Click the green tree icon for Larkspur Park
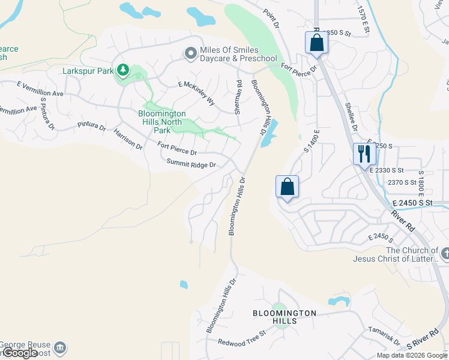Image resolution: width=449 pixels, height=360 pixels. point(123,71)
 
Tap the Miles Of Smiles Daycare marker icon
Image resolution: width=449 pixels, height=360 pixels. point(191,54)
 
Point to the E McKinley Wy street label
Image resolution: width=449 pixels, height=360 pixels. point(196,94)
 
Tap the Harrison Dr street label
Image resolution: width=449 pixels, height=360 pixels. point(128,139)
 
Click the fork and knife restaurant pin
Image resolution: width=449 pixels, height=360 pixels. point(364,154)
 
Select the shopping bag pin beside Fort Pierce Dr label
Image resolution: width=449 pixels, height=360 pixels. point(316,43)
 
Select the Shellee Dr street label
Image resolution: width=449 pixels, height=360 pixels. point(351,116)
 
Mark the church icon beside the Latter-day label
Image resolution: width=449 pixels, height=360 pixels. point(444,254)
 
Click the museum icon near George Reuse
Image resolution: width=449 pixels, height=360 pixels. point(59,347)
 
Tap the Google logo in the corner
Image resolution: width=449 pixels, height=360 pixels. point(20,353)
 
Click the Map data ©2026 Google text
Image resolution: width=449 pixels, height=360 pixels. point(412,355)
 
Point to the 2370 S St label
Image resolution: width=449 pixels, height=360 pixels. point(402,182)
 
